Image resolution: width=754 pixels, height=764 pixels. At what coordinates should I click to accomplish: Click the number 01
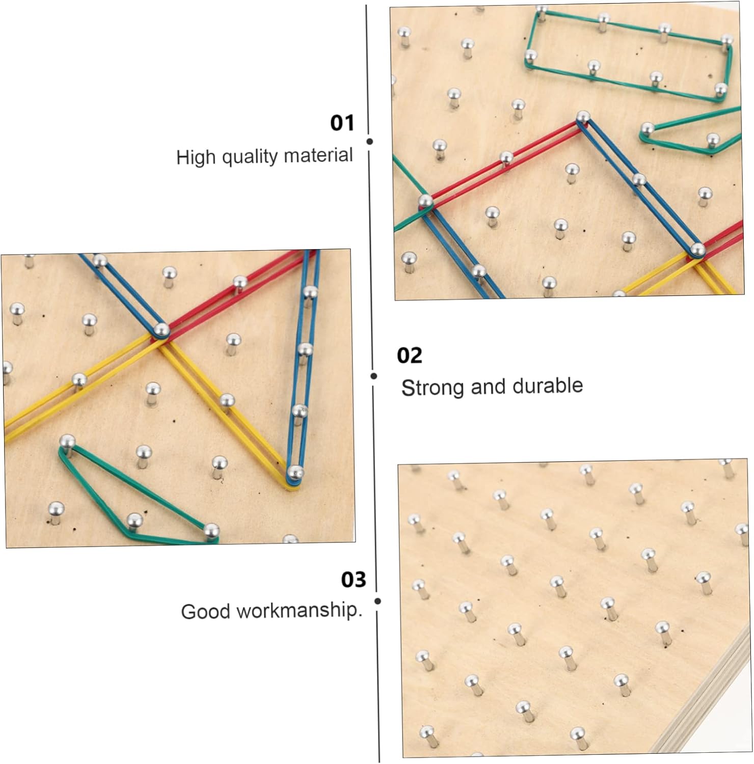[342, 123]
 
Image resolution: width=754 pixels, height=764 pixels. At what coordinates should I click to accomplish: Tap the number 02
[410, 355]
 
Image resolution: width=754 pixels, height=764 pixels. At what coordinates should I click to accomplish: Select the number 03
[354, 579]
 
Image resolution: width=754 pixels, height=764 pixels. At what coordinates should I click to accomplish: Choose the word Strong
[433, 388]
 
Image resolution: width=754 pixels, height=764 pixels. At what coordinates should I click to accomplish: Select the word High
[196, 157]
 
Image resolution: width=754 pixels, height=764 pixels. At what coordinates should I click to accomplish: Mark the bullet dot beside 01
[370, 142]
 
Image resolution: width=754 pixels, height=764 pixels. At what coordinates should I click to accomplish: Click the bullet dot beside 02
[374, 376]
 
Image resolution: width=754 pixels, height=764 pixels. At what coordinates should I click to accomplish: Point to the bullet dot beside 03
[378, 601]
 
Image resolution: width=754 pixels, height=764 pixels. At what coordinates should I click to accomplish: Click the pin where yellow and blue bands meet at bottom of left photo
[294, 473]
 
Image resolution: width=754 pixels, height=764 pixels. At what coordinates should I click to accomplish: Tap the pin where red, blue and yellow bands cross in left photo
[161, 330]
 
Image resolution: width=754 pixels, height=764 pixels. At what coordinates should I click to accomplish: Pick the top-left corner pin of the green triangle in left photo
[67, 441]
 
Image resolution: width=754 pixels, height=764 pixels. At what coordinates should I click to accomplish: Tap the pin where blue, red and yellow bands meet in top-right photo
[697, 250]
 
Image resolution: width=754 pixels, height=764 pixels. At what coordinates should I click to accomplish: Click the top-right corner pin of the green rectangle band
[726, 40]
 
